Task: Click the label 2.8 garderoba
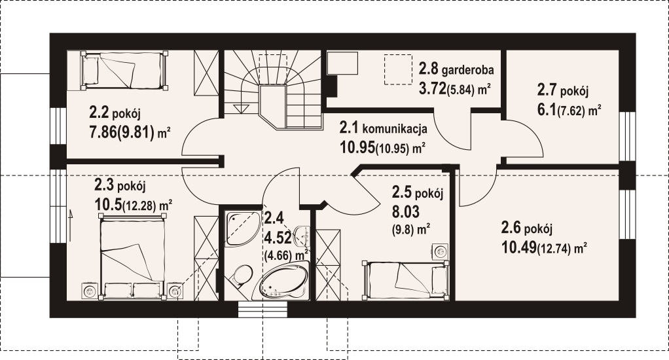pyautogui.click(x=456, y=69)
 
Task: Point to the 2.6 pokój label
pyautogui.click(x=526, y=228)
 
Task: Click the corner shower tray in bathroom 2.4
pyautogui.click(x=242, y=228)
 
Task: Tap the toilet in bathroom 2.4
pyautogui.click(x=241, y=276)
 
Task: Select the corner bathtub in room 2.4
pyautogui.click(x=283, y=282)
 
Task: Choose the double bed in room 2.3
pyautogui.click(x=132, y=257)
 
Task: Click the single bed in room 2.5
pyautogui.click(x=405, y=280)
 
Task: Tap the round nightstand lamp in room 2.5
pyautogui.click(x=439, y=251)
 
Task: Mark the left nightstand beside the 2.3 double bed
pyautogui.click(x=90, y=292)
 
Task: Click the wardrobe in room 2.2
pyautogui.click(x=206, y=73)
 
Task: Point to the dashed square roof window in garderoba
pyautogui.click(x=398, y=69)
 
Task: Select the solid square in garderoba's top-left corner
pyautogui.click(x=342, y=64)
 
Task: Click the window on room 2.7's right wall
pyautogui.click(x=628, y=137)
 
